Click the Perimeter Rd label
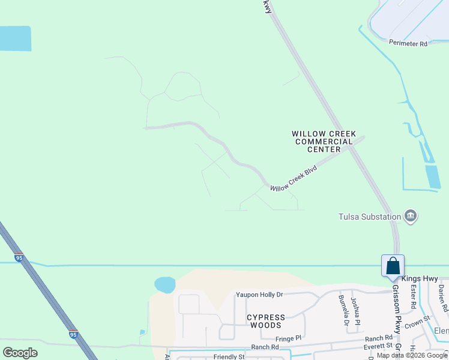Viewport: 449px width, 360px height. [408, 43]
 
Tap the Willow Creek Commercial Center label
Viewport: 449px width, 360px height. [324, 142]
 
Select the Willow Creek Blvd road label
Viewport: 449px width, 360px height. [293, 179]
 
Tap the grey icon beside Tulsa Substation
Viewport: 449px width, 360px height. [411, 216]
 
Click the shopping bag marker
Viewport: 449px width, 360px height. [393, 266]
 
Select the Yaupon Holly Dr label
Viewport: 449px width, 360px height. [259, 295]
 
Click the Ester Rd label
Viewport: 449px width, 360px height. [413, 296]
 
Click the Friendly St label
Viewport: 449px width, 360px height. [229, 356]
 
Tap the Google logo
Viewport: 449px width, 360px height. [20, 352]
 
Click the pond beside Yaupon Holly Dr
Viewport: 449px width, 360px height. [164, 284]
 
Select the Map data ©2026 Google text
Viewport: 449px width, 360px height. [412, 355]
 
